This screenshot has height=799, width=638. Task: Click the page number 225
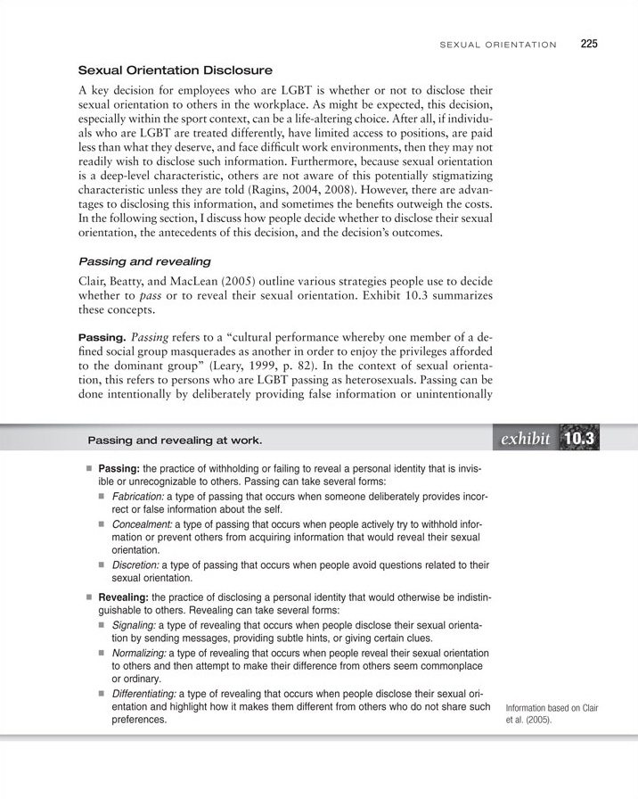pos(589,43)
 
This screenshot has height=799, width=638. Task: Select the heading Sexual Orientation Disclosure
pos(176,70)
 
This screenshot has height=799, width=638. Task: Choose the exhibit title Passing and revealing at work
pos(175,441)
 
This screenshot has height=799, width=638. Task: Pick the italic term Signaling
pos(135,624)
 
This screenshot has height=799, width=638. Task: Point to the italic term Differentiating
pos(144,693)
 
